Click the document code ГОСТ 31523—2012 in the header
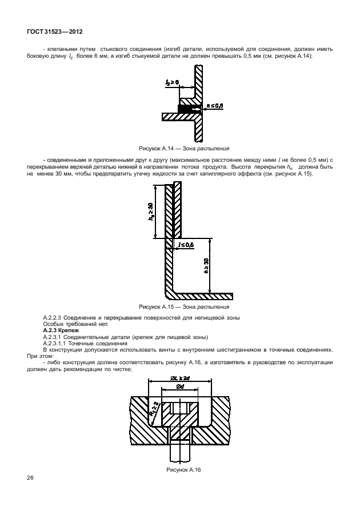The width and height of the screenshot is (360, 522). pyautogui.click(x=52, y=33)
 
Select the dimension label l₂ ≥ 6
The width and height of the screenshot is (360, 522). pyautogui.click(x=172, y=83)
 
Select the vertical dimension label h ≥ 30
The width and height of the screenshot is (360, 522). pyautogui.click(x=205, y=268)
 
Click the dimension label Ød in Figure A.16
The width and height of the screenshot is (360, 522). pyautogui.click(x=180, y=387)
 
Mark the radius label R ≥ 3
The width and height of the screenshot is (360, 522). pyautogui.click(x=154, y=408)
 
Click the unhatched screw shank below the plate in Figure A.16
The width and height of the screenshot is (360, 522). pyautogui.click(x=180, y=452)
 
